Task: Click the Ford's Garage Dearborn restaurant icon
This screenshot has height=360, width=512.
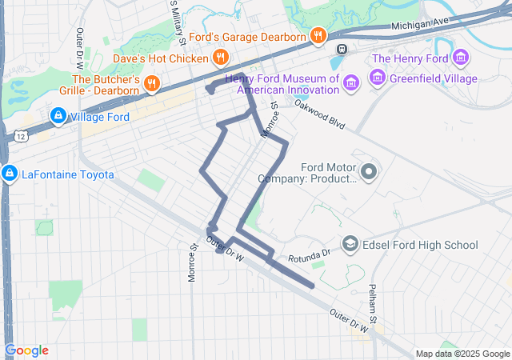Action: coord(318,36)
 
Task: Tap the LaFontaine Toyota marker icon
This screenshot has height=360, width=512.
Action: coord(8,174)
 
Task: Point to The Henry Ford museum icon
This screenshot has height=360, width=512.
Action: coord(460,58)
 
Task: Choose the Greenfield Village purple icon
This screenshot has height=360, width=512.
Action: coord(377,78)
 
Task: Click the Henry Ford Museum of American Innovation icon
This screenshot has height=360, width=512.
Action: coord(350,83)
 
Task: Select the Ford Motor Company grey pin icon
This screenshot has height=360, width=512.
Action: coord(369,171)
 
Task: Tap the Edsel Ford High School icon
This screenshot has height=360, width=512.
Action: coord(350,244)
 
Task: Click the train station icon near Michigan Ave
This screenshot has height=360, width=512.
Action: coord(342,50)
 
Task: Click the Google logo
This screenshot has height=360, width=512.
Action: coord(26,350)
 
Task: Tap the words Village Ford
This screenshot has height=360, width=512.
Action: coord(100,117)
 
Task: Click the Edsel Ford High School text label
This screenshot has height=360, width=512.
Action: coord(421,245)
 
